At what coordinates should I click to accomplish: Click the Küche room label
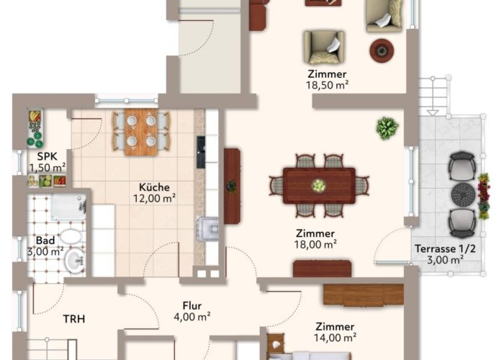[x=154, y=187]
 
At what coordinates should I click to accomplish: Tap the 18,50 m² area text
[x=327, y=85]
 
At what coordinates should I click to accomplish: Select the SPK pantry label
[x=48, y=156]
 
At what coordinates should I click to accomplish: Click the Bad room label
[x=45, y=240]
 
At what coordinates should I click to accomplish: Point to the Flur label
[x=192, y=305]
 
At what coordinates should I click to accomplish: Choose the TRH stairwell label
[x=74, y=319]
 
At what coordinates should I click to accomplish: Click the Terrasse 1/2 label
[x=445, y=249]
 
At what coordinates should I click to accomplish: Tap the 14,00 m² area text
[x=335, y=338]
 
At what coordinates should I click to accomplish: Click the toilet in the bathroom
[x=71, y=237]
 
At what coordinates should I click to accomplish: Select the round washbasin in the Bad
[x=75, y=261]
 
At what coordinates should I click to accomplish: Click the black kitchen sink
[x=201, y=152]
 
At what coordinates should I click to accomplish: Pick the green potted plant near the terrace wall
[x=387, y=128]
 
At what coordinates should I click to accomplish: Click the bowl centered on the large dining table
[x=318, y=186]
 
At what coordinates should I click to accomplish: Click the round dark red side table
[x=382, y=50]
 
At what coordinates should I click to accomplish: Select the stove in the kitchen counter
[x=208, y=228]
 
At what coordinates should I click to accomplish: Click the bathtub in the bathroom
[x=68, y=207]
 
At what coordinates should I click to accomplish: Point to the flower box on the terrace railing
[x=483, y=197]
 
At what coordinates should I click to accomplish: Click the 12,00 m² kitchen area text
[x=154, y=199]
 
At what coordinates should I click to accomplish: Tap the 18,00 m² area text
[x=315, y=245]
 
